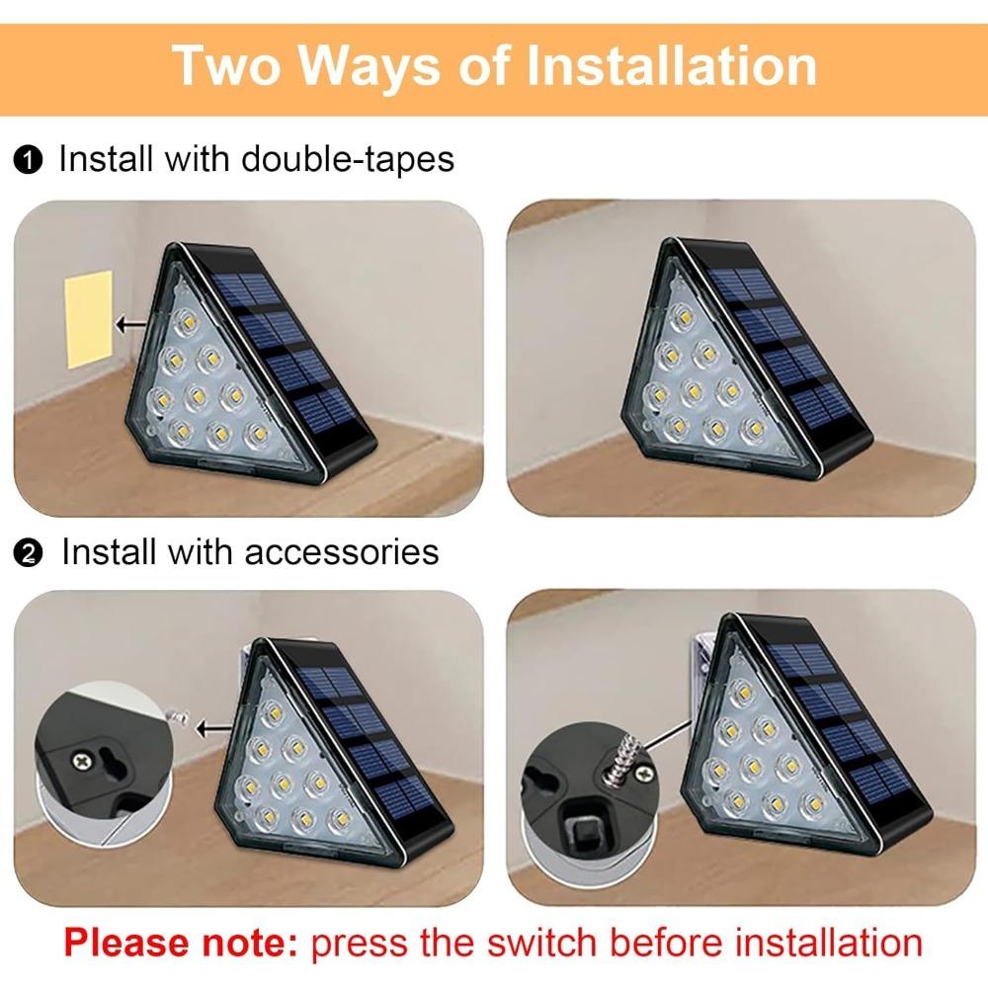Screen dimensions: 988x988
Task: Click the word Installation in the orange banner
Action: click(672, 65)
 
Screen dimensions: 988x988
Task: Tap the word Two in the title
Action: click(226, 65)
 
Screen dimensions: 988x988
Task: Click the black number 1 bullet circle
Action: click(28, 160)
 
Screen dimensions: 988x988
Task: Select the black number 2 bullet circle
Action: click(28, 554)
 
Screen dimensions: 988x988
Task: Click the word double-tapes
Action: click(348, 158)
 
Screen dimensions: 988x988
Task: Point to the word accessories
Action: click(342, 552)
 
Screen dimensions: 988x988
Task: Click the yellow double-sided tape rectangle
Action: click(89, 320)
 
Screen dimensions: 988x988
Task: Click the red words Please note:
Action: click(181, 943)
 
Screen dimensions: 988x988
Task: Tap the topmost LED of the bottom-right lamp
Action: click(742, 695)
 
